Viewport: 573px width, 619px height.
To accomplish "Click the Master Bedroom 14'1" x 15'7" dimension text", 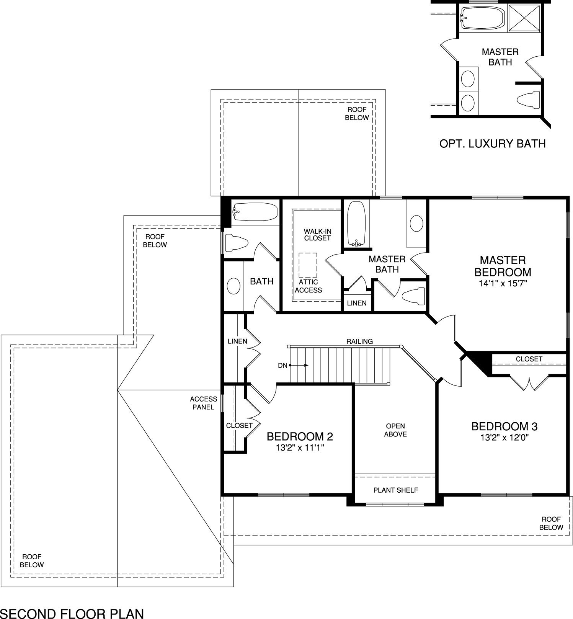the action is coord(503,284).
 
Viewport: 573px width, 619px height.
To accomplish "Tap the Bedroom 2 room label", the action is coord(300,436).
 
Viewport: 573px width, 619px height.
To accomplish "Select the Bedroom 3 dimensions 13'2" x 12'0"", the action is coord(504,438).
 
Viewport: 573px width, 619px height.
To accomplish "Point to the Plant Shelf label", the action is coord(396,490).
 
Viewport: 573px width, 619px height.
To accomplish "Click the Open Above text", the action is coord(395,430).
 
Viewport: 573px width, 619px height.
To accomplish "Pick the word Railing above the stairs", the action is coord(359,341).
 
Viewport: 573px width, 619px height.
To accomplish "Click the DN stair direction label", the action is coord(282,366).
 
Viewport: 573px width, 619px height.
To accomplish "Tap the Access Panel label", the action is coord(203,403).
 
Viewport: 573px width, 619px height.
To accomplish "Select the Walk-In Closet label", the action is coord(317,235).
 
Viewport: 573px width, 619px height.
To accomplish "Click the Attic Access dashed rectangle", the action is coord(308,265).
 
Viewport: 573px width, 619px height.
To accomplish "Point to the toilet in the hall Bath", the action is coord(237,243).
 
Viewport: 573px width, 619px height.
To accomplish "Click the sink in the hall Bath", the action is coord(233,286).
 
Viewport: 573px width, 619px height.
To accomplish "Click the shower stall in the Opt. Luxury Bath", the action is coord(524,18).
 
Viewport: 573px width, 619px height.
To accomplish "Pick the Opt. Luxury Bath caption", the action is coord(492,144).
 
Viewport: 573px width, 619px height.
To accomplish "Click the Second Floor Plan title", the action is coord(72,614).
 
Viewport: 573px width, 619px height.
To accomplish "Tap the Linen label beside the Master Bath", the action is coord(357,303).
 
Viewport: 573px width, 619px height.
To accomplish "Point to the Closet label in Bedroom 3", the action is coord(529,359).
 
